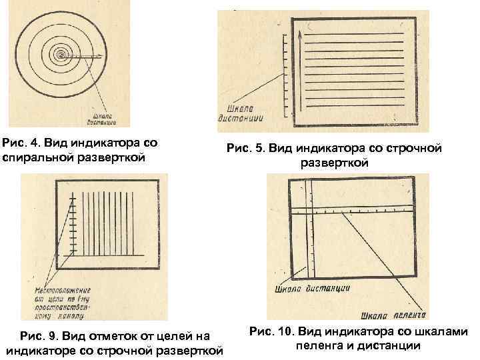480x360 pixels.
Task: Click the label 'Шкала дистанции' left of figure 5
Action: point(241,113)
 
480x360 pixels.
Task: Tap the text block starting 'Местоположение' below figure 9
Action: point(64,303)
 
